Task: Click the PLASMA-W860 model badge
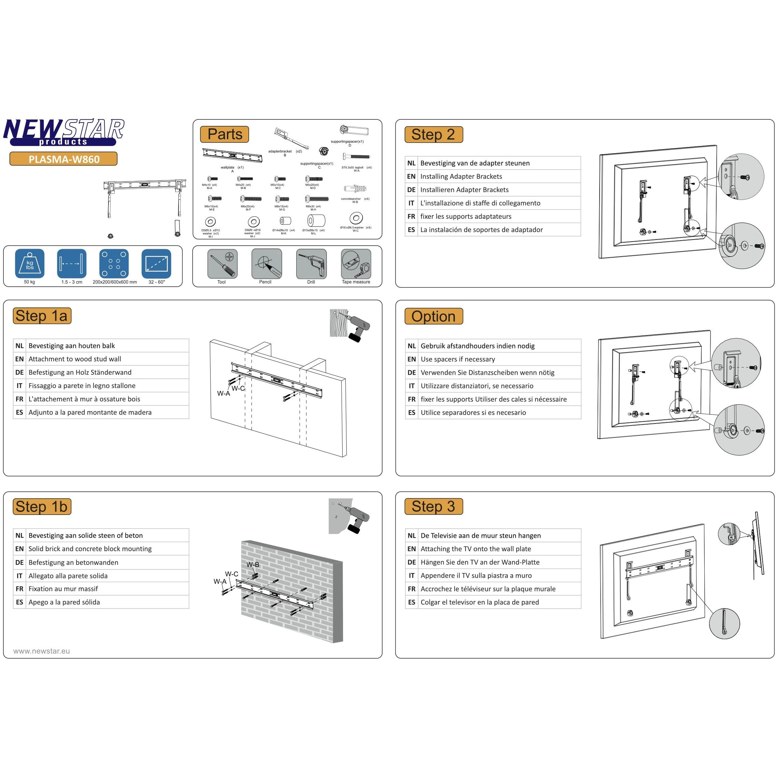63,159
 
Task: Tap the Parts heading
225,134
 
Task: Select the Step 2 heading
433,134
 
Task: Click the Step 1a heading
42,316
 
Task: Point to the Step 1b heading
42,506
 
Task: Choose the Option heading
433,316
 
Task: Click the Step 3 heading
433,506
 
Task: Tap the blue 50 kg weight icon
29,263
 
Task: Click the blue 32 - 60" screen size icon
156,263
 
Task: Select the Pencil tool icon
266,263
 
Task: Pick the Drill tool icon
311,263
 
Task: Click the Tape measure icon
356,263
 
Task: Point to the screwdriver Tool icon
222,263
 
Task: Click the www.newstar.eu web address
41,651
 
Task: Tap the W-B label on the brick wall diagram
253,564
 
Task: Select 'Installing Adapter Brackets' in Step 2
461,176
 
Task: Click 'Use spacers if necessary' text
458,359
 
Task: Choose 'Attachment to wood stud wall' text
75,359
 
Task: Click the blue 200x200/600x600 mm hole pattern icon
114,263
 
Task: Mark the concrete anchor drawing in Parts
355,188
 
